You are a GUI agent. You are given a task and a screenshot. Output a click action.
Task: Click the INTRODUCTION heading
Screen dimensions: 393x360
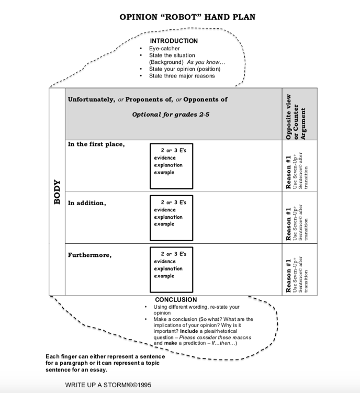pos(174,41)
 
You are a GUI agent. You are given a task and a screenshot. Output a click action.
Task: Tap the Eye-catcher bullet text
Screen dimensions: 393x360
pos(164,49)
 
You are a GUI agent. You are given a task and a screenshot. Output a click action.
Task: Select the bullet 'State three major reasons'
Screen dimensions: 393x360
pos(182,76)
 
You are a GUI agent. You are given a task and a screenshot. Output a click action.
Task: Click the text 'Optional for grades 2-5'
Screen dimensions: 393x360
pos(171,114)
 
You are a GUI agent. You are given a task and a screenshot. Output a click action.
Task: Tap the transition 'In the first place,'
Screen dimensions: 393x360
pos(96,144)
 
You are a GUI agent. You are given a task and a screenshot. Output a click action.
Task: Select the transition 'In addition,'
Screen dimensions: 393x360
pos(87,203)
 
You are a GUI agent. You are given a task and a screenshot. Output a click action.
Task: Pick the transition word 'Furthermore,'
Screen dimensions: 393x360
pos(89,255)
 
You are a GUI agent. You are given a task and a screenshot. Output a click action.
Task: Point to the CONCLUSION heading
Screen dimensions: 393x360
pos(176,300)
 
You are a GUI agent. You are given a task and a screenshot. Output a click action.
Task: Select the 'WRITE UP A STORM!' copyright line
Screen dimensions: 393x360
pos(108,385)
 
